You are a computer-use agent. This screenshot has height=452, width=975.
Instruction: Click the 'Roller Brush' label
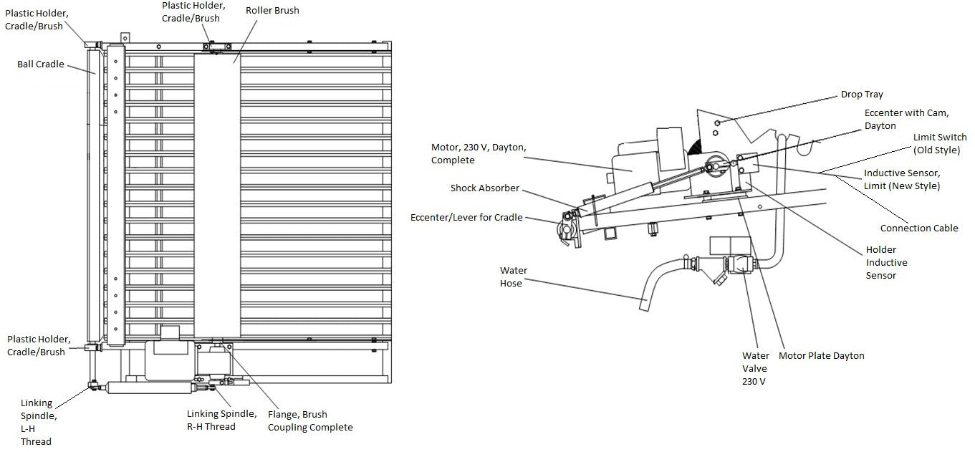click(x=272, y=11)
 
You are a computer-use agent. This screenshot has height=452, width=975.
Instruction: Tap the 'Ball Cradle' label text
click(x=41, y=64)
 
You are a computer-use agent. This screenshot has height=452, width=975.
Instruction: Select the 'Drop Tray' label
click(x=862, y=95)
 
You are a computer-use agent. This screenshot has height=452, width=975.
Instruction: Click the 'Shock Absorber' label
click(x=484, y=188)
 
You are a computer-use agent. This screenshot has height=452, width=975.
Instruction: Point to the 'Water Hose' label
click(x=514, y=277)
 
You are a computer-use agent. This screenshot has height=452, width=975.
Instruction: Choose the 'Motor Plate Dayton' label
click(x=821, y=356)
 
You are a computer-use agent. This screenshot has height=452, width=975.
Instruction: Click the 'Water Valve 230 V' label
click(x=755, y=368)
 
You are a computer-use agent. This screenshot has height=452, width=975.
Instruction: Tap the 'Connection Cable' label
click(x=919, y=229)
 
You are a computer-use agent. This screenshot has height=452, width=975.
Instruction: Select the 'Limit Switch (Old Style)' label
click(x=939, y=143)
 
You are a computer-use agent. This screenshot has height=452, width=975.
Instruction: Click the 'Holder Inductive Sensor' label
click(x=886, y=263)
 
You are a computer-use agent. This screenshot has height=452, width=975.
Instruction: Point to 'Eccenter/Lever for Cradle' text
click(x=466, y=218)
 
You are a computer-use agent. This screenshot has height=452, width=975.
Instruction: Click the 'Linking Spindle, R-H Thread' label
click(x=221, y=420)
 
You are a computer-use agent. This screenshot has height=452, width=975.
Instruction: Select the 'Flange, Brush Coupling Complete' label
click(x=310, y=420)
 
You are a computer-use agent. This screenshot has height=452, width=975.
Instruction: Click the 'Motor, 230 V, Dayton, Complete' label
click(x=479, y=153)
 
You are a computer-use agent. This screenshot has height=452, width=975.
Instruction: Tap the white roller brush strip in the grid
click(x=216, y=201)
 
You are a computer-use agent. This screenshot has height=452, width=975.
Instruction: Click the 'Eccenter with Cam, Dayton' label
click(x=906, y=119)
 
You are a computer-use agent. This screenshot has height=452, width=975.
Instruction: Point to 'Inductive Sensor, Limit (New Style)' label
click(x=901, y=179)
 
